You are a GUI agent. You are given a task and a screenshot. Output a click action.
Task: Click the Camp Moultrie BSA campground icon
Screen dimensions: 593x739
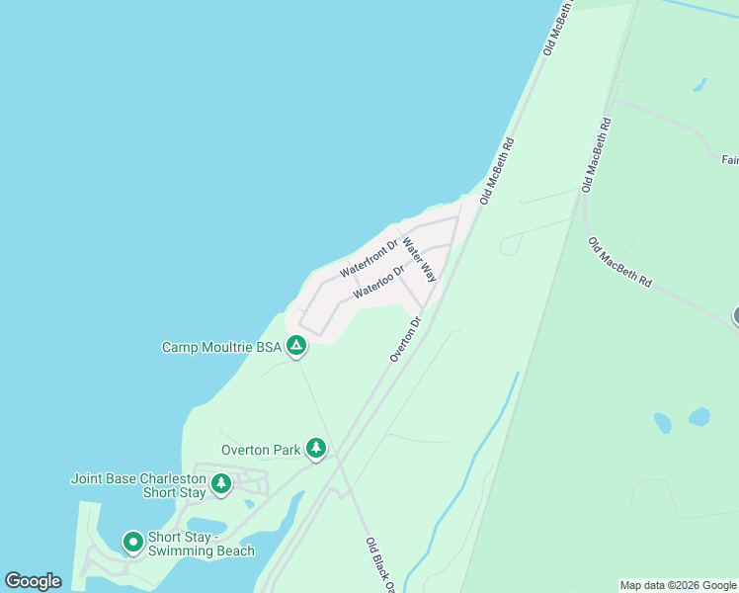coord(295,346)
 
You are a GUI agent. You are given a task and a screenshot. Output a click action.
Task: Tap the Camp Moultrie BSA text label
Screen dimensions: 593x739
coord(221,347)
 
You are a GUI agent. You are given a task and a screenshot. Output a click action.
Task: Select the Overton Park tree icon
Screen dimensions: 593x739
coord(316,449)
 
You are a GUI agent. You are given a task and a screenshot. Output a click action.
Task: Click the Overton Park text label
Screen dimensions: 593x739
coord(261,450)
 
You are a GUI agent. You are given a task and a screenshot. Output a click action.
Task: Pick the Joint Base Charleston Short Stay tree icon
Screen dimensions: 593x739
coord(221,483)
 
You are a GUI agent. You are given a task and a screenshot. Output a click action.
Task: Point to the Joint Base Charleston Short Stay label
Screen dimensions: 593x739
coord(138,485)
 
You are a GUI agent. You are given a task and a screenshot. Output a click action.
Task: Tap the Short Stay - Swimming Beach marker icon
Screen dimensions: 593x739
coord(132,543)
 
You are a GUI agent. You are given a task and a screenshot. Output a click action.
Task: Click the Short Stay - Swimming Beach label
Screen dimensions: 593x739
coord(201,545)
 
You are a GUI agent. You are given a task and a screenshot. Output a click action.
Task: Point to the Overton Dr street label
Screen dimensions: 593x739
coord(405,339)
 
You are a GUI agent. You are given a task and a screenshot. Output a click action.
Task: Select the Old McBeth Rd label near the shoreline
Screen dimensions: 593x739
coord(498,171)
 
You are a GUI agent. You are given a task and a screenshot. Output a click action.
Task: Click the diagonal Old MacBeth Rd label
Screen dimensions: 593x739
coord(619,263)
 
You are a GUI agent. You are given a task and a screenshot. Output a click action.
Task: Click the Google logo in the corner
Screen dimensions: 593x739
coord(33,581)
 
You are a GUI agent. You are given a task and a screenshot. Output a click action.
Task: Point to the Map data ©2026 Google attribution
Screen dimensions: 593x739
coord(678,585)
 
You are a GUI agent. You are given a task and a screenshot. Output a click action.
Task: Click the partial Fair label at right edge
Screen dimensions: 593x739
coord(729,159)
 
